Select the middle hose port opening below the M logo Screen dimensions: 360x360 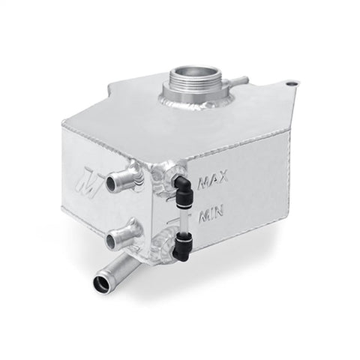pos(112,241)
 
